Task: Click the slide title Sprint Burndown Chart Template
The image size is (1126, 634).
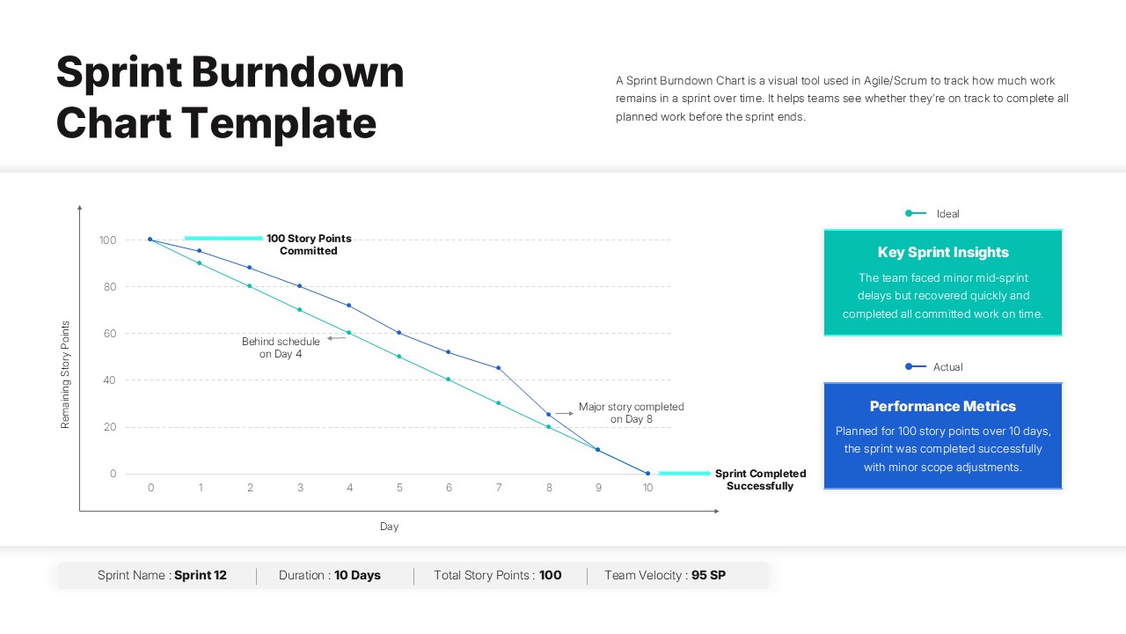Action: tap(230, 97)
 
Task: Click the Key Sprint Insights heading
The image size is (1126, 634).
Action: tap(943, 253)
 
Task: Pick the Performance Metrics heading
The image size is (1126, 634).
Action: tap(943, 406)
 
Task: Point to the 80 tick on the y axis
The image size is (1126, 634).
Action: tap(109, 287)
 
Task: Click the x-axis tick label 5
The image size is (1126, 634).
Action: tap(399, 488)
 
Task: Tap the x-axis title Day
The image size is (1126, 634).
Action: tap(389, 527)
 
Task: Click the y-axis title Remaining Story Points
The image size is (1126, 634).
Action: tap(65, 375)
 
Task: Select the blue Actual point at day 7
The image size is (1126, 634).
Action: tap(499, 368)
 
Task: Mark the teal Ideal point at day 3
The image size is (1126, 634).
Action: tap(300, 310)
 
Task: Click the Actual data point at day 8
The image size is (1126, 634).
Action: tap(549, 415)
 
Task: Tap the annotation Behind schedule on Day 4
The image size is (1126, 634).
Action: tap(281, 348)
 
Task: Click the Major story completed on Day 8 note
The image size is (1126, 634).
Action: tap(631, 413)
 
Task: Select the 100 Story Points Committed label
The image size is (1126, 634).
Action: tap(309, 245)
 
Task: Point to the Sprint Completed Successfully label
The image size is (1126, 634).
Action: tap(760, 480)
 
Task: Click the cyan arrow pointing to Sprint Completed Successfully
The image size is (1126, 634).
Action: tap(684, 474)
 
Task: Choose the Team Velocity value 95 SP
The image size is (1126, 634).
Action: tap(708, 575)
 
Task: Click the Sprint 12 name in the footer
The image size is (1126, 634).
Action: tap(201, 575)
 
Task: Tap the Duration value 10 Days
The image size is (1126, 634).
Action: tap(357, 575)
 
